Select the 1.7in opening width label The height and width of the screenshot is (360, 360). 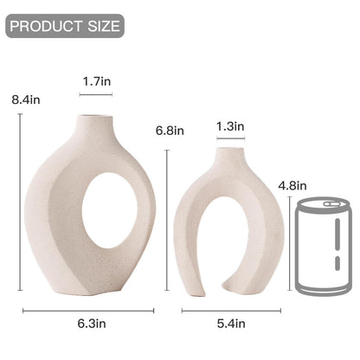pos(96,80)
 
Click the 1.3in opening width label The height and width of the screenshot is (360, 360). pos(230,126)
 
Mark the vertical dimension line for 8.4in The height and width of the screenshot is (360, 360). pos(21,208)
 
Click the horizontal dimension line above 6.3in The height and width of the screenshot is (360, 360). pos(87,310)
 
